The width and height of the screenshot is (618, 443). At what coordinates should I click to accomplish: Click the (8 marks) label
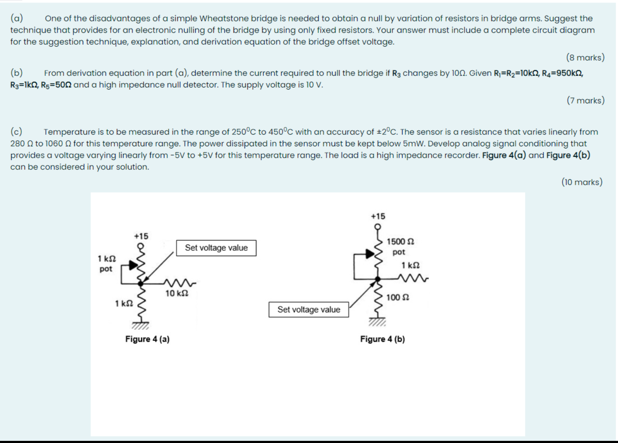[585, 57]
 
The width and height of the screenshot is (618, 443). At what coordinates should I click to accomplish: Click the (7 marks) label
[585, 100]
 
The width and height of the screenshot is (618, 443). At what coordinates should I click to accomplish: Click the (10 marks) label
[582, 182]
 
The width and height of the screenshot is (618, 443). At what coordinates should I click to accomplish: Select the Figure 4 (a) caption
[147, 339]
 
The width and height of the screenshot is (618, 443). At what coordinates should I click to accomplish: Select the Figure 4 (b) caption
[382, 339]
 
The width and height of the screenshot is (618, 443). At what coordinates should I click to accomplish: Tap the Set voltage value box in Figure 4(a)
[216, 248]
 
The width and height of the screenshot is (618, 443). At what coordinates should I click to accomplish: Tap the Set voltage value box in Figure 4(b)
[309, 310]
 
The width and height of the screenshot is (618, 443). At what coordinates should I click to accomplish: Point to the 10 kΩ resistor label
[177, 293]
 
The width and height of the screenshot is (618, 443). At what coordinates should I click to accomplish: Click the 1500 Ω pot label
[400, 247]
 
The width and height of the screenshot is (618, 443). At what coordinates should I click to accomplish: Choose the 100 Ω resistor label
[397, 297]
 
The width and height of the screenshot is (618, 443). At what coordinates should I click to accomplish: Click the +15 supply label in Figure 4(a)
[141, 236]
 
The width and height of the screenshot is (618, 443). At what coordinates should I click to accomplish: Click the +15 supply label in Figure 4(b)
[378, 216]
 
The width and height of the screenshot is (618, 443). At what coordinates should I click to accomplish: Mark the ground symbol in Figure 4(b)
[378, 322]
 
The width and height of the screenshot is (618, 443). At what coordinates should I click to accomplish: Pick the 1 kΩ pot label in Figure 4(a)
[106, 263]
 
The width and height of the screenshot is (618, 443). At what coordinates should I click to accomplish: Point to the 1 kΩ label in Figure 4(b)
[411, 265]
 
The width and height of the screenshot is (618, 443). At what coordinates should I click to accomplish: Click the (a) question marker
[17, 18]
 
